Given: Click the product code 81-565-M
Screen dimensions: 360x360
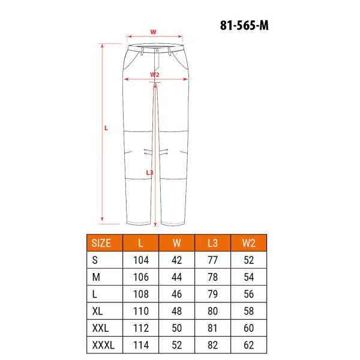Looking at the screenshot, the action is (x=244, y=25).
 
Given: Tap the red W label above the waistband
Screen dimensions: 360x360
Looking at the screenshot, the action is (x=153, y=32).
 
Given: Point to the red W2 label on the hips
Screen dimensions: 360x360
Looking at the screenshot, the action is (x=155, y=74).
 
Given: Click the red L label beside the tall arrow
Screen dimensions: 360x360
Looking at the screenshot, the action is (x=106, y=128).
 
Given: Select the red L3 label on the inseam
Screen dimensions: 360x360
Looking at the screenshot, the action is (x=149, y=172).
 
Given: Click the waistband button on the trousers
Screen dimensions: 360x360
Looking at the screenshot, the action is (x=157, y=50).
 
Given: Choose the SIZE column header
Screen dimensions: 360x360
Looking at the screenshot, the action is (x=101, y=243).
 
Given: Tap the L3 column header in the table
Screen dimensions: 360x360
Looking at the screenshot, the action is (x=212, y=243).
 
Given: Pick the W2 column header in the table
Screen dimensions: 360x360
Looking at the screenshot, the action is (x=248, y=243).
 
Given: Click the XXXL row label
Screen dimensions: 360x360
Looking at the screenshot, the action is (x=103, y=345).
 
